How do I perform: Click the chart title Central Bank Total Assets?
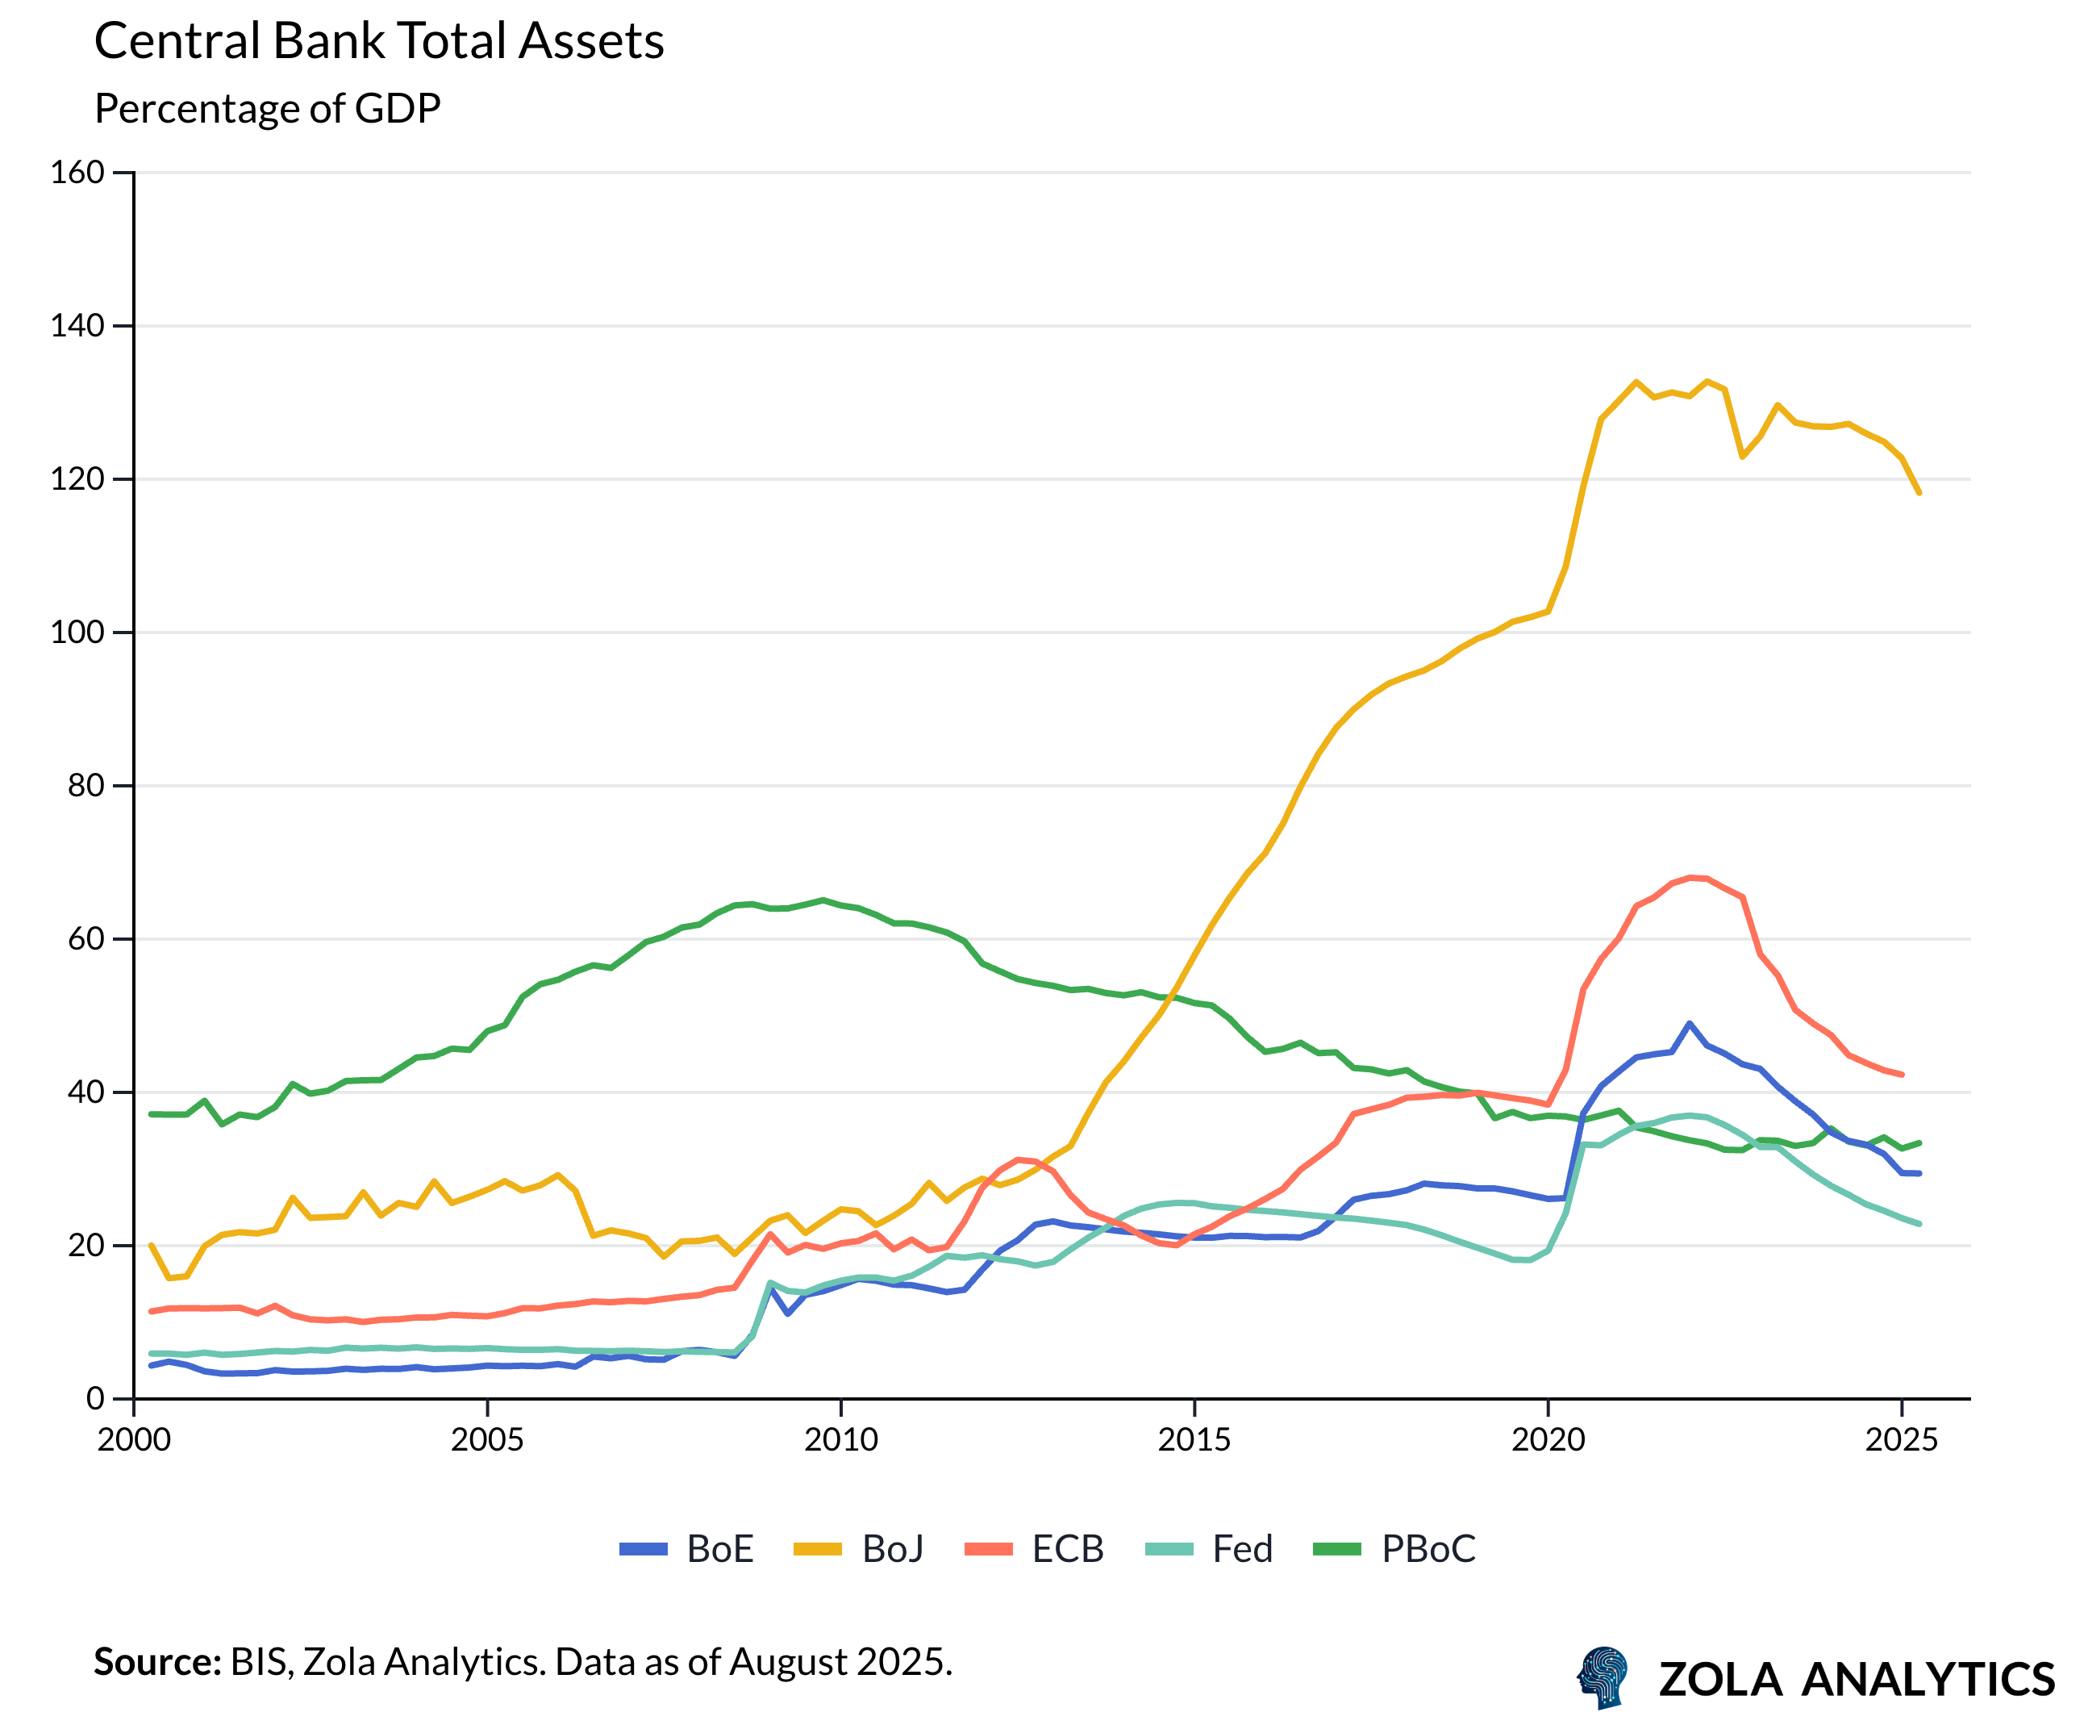pos(378,42)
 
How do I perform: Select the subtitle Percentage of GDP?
pos(267,108)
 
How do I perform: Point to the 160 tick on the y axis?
pos(77,173)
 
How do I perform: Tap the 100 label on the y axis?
pos(77,633)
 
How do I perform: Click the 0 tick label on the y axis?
pos(95,1398)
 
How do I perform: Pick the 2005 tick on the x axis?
pos(487,1439)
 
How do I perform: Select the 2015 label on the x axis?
pos(1194,1439)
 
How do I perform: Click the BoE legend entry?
pos(686,1548)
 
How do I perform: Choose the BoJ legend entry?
pos(860,1548)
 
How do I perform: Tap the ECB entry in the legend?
pos(1034,1548)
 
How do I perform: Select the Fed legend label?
pos(1210,1548)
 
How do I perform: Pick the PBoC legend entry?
pos(1394,1548)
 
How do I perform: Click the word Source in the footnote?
pos(156,1661)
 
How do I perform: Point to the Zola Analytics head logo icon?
pos(1603,1677)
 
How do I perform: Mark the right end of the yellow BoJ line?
pos(1919,492)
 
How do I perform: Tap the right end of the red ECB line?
pos(1902,1074)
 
